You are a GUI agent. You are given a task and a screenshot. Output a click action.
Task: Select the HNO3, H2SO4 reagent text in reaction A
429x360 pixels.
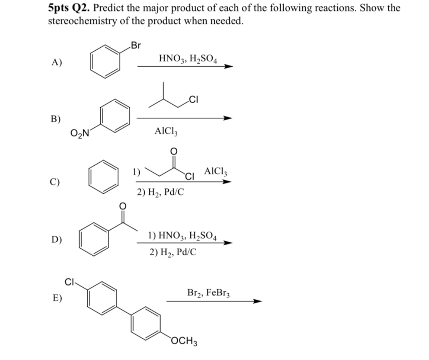188,58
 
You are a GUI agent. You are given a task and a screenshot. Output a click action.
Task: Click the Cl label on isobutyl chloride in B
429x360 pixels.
194,99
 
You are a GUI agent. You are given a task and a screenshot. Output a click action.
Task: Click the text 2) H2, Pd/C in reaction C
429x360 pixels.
161,192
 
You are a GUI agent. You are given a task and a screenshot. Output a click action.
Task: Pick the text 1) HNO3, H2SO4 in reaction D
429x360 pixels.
182,235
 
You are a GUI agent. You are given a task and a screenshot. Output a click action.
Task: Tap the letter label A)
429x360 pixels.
57,62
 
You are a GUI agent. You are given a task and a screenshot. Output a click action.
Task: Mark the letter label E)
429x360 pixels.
56,297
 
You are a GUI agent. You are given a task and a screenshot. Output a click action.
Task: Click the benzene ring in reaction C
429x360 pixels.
103,177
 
